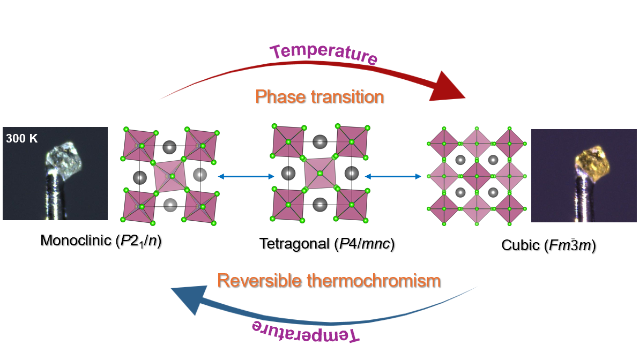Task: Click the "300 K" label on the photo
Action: (x=21, y=138)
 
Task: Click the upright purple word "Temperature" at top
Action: (x=324, y=54)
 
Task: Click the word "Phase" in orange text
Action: (x=280, y=97)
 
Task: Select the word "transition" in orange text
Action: (x=347, y=97)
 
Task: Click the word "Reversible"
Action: (x=259, y=281)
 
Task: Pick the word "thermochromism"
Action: (x=374, y=281)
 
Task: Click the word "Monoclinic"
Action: (x=76, y=241)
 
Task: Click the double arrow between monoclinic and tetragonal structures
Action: (x=246, y=176)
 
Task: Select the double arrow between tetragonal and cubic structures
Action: (x=393, y=176)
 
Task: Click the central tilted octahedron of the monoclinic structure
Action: (x=169, y=176)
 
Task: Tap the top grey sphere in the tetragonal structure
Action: (x=320, y=142)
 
